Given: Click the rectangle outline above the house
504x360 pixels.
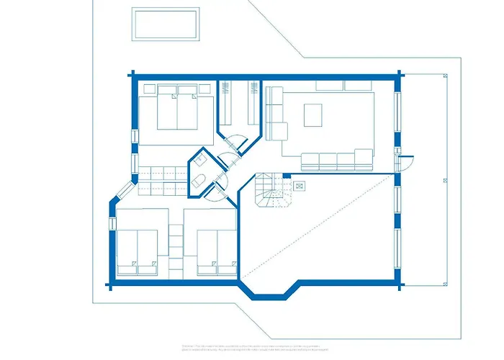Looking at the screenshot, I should point(166,24).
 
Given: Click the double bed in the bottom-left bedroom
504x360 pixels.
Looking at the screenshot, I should point(138,252).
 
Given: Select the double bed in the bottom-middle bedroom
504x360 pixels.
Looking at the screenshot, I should point(217,252).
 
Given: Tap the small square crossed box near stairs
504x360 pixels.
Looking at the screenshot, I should point(300,184).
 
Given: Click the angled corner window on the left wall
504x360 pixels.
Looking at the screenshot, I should point(123,189).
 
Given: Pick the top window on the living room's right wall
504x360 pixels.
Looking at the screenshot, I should point(397,115).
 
